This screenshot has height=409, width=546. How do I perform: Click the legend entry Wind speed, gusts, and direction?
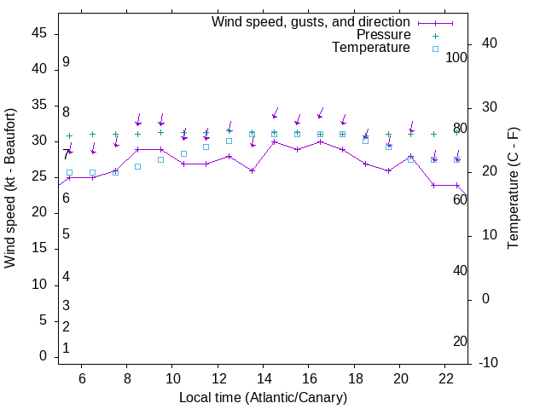[311, 21]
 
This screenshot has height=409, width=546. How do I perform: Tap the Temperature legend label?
[371, 48]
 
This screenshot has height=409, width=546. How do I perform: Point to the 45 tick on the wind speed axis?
[39, 33]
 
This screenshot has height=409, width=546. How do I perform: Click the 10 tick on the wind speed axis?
[39, 285]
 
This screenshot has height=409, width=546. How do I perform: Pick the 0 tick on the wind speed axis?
[43, 356]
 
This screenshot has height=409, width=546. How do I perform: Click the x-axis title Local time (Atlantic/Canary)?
[263, 397]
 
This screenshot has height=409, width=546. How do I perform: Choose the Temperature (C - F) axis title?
[513, 188]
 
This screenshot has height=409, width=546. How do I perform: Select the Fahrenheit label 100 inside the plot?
[456, 57]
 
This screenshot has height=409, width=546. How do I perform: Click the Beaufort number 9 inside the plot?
[66, 62]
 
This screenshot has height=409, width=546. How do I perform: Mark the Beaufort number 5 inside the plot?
[66, 234]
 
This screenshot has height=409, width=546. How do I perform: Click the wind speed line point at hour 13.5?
[252, 170]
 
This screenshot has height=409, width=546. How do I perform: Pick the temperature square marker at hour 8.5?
[137, 166]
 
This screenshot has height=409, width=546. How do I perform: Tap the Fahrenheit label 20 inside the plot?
[460, 341]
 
